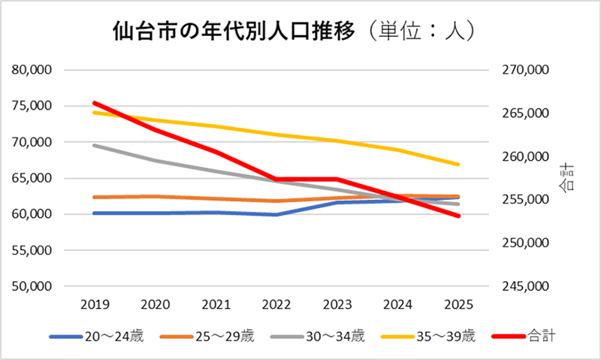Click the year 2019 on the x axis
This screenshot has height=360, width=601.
coord(94,305)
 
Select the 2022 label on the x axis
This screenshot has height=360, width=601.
coord(276,305)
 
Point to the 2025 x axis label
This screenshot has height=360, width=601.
coord(458,305)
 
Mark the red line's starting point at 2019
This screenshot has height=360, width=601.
coord(94,103)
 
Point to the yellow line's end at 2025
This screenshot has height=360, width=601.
coord(458,164)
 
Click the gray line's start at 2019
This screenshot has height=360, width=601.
coord(94,145)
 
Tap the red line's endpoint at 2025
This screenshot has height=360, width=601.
coord(458,216)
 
